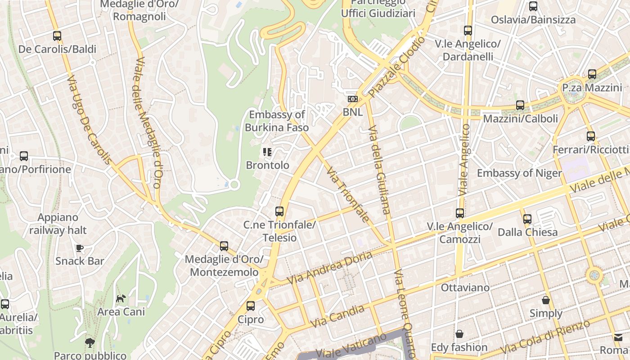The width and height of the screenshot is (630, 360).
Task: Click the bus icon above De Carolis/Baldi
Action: point(57,36)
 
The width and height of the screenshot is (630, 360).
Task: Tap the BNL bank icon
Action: point(353,99)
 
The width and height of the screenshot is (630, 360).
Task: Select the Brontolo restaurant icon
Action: point(268,152)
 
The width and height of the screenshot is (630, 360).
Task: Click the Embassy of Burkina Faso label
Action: point(277,121)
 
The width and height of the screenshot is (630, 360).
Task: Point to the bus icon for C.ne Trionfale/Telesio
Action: point(279,211)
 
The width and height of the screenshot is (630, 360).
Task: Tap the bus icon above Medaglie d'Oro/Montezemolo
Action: point(224,246)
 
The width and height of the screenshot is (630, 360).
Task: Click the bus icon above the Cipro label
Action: point(251,306)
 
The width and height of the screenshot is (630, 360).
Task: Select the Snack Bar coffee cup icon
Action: point(80,248)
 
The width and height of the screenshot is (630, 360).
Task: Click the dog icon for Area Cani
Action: point(121,298)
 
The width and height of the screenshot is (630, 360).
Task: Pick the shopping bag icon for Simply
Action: point(546,300)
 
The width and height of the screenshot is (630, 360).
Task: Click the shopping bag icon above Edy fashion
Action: point(459,334)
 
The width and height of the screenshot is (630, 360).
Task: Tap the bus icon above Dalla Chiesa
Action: point(527,219)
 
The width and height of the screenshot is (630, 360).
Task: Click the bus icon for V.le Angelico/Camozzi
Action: point(459,213)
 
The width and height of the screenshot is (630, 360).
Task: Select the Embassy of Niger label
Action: point(519,173)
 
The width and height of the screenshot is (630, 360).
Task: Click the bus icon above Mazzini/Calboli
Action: point(520,105)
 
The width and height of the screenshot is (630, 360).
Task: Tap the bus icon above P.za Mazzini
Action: point(592,74)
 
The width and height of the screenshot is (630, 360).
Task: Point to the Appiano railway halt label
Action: point(58,224)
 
